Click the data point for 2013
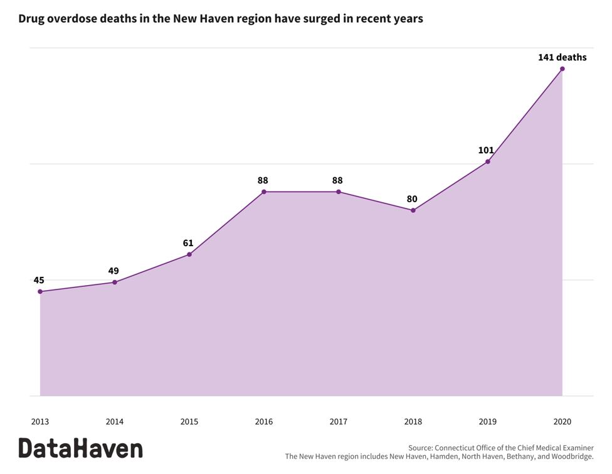40,291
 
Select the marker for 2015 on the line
189,254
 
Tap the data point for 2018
413,210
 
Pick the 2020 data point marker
562,68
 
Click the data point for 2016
263,191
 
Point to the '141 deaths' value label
562,57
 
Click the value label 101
486,150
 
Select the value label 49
113,271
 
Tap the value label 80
412,199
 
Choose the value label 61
188,243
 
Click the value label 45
39,280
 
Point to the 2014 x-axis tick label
114,422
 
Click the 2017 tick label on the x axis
338,422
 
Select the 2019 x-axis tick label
487,422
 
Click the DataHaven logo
80,448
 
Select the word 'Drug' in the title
31,19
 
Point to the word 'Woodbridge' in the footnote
569,456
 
